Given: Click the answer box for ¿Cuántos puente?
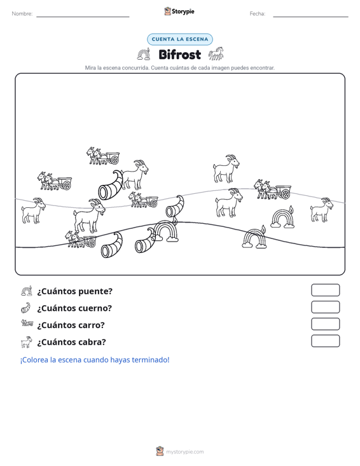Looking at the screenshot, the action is pyautogui.click(x=325, y=290).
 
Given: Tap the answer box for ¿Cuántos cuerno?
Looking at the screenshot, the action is pyautogui.click(x=325, y=307).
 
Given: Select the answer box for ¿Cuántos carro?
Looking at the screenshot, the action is pyautogui.click(x=325, y=324).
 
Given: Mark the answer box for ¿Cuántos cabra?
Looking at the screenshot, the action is pyautogui.click(x=325, y=341).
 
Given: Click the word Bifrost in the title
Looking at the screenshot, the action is pyautogui.click(x=180, y=55).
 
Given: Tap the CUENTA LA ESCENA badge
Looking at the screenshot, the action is pyautogui.click(x=180, y=39).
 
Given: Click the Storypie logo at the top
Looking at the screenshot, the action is pyautogui.click(x=179, y=11).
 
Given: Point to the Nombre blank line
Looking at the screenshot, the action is pyautogui.click(x=83, y=17).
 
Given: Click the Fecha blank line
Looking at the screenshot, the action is pyautogui.click(x=310, y=17).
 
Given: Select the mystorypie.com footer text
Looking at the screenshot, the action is pyautogui.click(x=185, y=452).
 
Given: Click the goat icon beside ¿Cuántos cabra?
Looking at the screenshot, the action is pyautogui.click(x=27, y=342).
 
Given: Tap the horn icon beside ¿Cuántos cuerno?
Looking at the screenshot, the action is pyautogui.click(x=26, y=308).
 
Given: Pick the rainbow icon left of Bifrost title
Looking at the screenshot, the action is pyautogui.click(x=144, y=54).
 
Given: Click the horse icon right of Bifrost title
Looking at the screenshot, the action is pyautogui.click(x=216, y=54).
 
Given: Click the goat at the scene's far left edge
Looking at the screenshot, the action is pyautogui.click(x=33, y=210).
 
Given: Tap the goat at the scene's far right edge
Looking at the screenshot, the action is pyautogui.click(x=322, y=210).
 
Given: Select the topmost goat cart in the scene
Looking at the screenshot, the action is pyautogui.click(x=103, y=156).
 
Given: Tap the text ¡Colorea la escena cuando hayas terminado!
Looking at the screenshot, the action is pyautogui.click(x=95, y=360).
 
